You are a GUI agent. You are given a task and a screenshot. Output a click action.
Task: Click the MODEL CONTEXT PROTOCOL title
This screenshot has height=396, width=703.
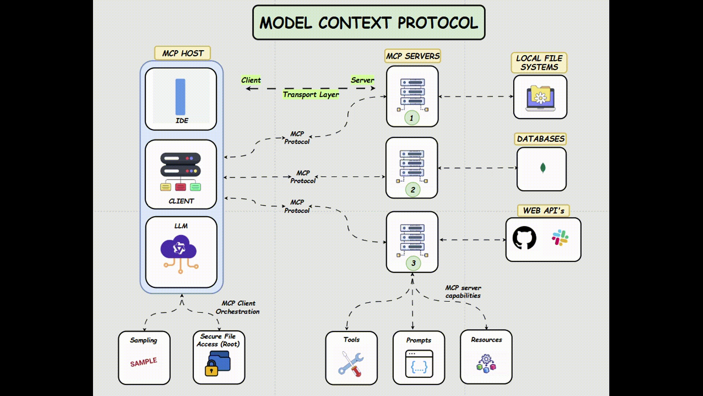tap(368, 23)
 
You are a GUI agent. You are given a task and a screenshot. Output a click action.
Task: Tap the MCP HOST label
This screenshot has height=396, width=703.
tap(182, 53)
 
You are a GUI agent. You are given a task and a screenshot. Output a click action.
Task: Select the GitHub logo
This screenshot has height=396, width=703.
tap(524, 238)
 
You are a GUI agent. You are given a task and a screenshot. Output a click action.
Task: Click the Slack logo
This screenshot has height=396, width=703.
tap(559, 238)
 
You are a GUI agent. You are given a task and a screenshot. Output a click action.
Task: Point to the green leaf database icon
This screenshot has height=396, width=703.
tap(543, 168)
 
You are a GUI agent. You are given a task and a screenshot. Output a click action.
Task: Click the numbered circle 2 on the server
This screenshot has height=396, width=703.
tap(413, 190)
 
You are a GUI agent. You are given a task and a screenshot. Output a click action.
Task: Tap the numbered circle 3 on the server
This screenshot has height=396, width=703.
tap(413, 263)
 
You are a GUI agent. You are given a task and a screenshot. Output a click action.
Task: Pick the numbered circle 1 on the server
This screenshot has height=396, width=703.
tap(412, 118)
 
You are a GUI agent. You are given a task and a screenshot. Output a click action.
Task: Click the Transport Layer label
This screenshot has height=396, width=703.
tap(310, 95)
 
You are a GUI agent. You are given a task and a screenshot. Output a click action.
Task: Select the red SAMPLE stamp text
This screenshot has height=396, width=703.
tap(144, 362)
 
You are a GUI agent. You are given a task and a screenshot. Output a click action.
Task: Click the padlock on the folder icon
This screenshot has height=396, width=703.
tap(211, 368)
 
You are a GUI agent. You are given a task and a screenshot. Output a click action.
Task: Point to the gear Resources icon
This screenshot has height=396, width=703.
tap(486, 363)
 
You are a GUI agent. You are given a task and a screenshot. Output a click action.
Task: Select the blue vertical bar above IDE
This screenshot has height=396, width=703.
tap(180, 97)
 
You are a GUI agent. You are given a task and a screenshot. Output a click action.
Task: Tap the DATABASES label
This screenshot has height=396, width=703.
tap(540, 139)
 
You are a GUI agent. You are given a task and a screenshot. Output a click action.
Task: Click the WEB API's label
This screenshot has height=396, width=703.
tap(543, 211)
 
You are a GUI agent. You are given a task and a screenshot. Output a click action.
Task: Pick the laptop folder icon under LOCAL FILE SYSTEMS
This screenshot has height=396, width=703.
tap(540, 98)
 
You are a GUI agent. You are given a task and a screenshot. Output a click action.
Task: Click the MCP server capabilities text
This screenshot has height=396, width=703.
tap(463, 292)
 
